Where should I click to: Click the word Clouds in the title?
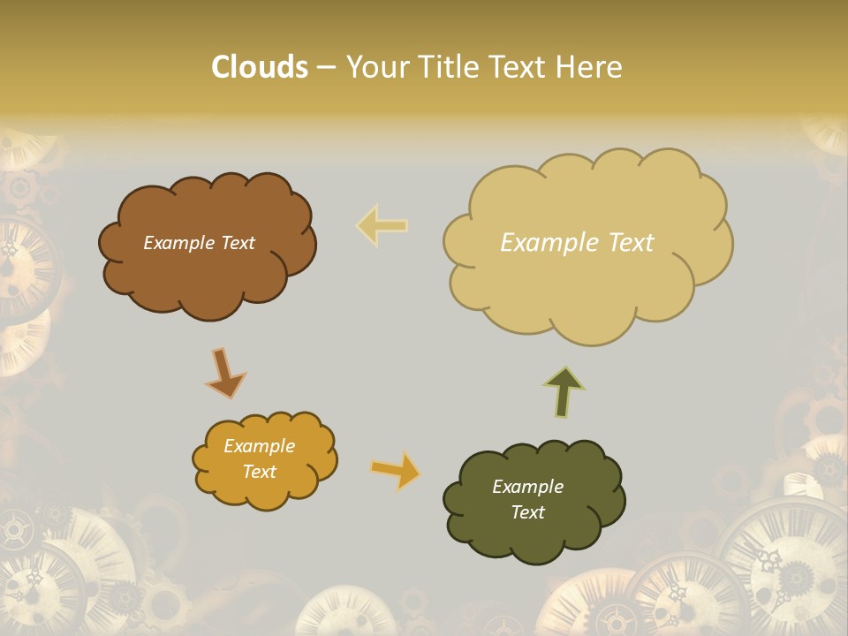tap(260, 67)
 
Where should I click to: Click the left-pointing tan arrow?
tap(382, 225)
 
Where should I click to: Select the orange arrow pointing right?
tap(396, 470)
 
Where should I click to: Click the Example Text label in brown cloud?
tap(199, 243)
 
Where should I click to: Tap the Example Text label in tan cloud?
tap(577, 243)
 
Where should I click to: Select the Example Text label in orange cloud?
tap(259, 458)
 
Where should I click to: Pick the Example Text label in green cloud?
tap(527, 499)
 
